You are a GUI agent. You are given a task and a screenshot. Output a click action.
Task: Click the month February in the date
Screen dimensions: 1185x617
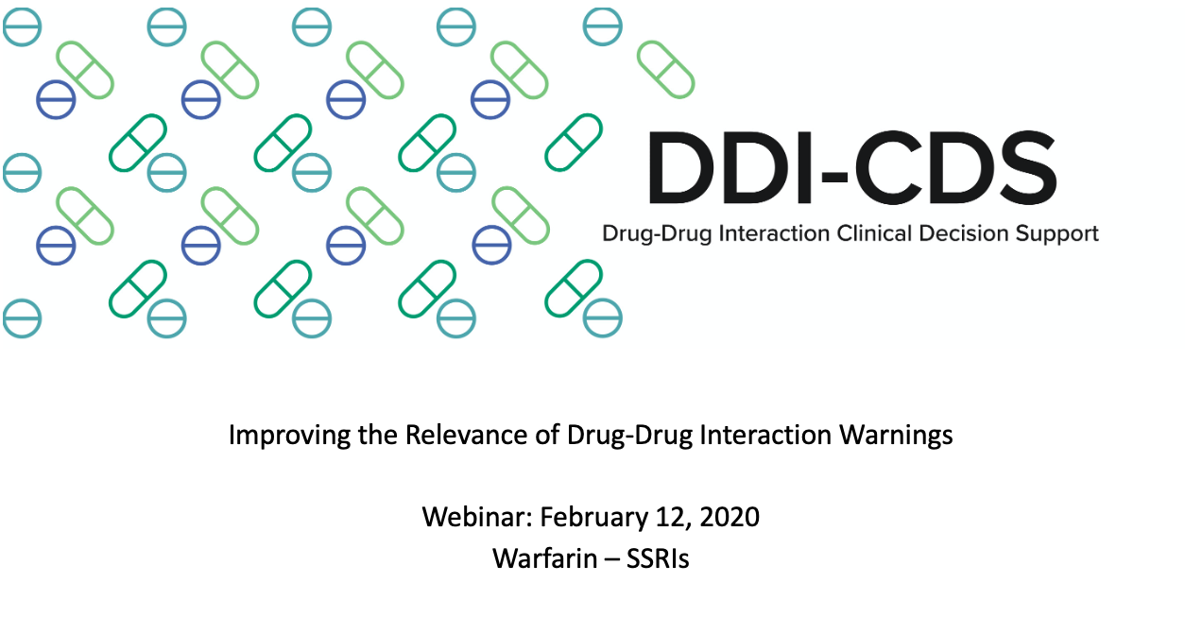593,518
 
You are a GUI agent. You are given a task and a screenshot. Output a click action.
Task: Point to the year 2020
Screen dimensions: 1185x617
730,517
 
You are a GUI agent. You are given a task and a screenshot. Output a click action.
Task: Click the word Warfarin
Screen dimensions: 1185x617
544,558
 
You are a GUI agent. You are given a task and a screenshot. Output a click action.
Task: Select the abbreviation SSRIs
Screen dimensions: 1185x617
658,558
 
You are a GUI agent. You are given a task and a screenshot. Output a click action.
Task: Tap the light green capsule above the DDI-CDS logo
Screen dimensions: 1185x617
665,69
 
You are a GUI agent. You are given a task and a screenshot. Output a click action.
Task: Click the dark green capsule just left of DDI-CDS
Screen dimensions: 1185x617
574,143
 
